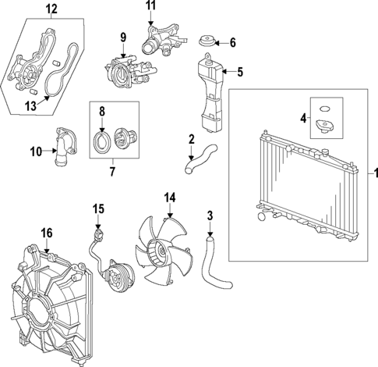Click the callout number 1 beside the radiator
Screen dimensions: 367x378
click(x=371, y=172)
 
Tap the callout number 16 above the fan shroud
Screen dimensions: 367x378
click(x=47, y=233)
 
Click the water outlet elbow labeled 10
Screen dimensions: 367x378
click(x=60, y=150)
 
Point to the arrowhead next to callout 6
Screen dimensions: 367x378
click(x=221, y=42)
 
